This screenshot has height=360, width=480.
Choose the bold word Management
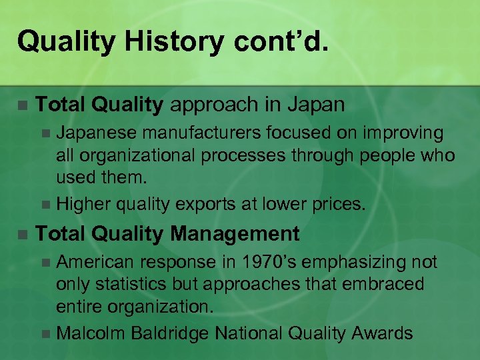pyautogui.click(x=235, y=234)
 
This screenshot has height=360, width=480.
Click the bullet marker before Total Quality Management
pyautogui.click(x=22, y=235)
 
